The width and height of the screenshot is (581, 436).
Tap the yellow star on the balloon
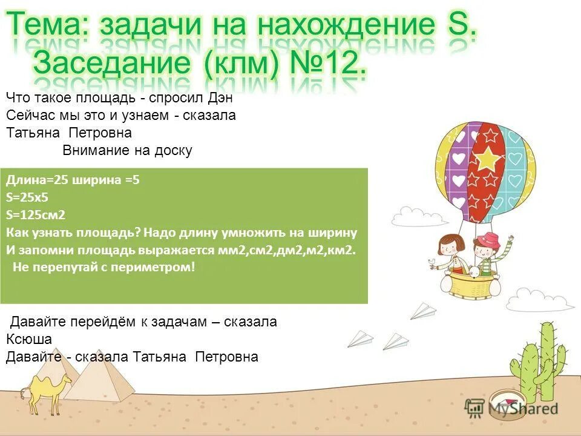pos(486,158)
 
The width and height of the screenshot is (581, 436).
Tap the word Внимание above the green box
pos(97,151)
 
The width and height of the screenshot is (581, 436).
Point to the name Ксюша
pos(29,339)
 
